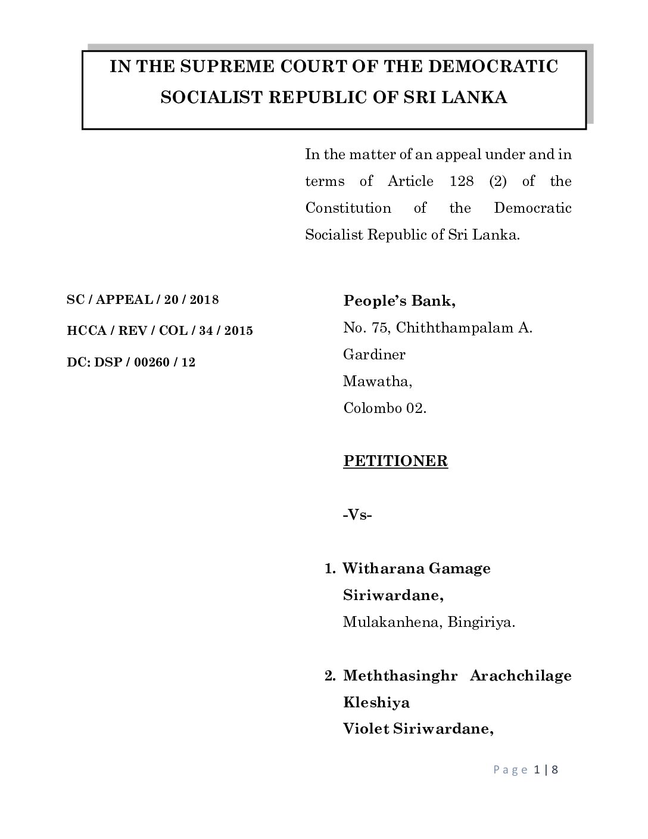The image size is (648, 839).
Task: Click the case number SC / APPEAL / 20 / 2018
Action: coord(143,300)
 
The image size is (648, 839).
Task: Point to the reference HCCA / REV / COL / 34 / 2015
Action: coord(160,331)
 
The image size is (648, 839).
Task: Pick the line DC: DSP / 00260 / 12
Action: coord(131,362)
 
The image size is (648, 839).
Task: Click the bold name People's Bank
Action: coord(400,301)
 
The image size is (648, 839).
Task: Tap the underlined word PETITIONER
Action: coord(395,461)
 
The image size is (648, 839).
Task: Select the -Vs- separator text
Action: coord(358,515)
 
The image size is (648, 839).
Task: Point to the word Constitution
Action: coord(348,208)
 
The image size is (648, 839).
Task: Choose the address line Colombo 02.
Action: coord(385,408)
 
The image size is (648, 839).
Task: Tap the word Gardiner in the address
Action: coord(374,355)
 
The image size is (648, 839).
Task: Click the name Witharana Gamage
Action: coord(417,568)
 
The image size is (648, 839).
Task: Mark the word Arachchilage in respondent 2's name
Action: coord(521,676)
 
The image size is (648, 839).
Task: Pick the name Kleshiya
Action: coord(376,703)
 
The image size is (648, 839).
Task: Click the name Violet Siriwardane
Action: coord(418,729)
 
